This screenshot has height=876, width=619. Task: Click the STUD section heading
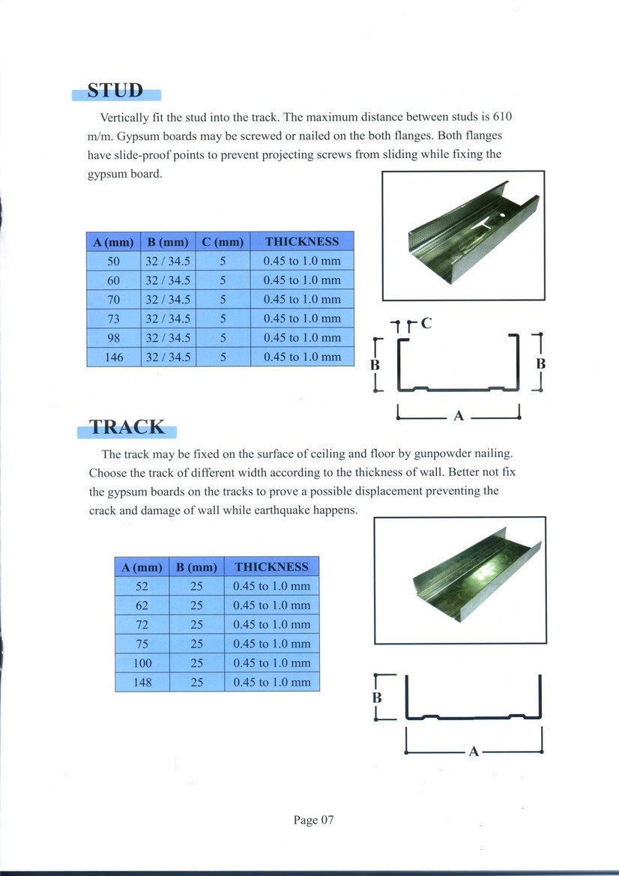[x=115, y=91]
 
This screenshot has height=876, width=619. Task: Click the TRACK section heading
[x=127, y=427]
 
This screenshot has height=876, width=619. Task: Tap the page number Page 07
[x=313, y=820]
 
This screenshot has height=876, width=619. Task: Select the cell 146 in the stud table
[x=114, y=357]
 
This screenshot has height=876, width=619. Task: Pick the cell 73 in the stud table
[x=114, y=318]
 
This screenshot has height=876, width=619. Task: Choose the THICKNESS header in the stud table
[x=301, y=242]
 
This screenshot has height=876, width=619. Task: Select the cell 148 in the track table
[x=142, y=683]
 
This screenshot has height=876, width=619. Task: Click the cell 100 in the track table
[x=142, y=663]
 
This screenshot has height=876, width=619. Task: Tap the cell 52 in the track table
[x=142, y=586]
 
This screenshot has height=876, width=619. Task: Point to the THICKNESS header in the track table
[x=271, y=567]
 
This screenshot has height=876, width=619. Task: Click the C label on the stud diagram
[x=426, y=324]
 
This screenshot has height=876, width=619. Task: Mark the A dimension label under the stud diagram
[x=459, y=416]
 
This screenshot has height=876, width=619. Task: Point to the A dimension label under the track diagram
[x=473, y=751]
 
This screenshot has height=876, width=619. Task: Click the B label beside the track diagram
[x=377, y=697]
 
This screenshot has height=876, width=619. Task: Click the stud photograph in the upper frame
[x=463, y=235]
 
